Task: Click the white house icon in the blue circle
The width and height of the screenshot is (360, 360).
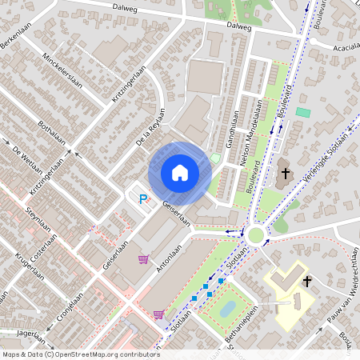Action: [x=180, y=173]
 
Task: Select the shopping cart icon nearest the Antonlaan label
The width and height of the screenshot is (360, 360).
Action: [x=144, y=259]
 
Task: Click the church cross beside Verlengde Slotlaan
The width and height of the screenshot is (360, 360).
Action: [x=285, y=173]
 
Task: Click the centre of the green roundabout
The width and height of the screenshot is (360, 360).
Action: [x=257, y=234]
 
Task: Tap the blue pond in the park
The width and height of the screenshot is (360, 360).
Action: [x=227, y=308]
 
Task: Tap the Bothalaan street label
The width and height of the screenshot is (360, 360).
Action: [x=54, y=135]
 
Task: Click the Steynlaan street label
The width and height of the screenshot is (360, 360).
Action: [x=38, y=223]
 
